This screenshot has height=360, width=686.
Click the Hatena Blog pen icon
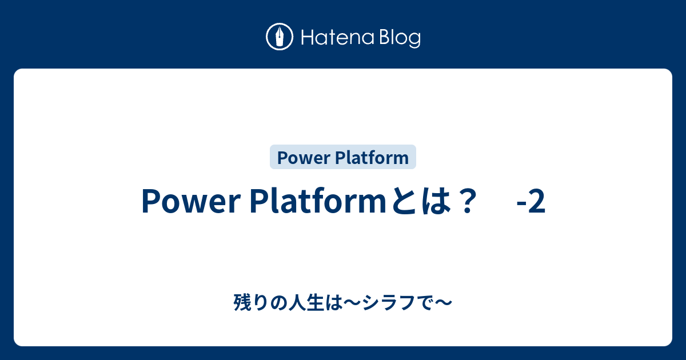[280, 37]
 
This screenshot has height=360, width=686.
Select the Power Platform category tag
[342, 157]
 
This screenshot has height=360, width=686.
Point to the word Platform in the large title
[318, 201]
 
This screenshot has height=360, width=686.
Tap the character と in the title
[404, 201]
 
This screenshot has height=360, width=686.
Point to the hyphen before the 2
[521, 203]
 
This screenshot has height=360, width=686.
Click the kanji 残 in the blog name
[242, 302]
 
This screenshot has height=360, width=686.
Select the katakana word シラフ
[389, 302]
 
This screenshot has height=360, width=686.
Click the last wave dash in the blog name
[443, 302]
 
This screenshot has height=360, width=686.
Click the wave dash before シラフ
[353, 302]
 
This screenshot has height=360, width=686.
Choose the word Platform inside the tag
[372, 157]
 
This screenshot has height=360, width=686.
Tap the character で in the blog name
[425, 302]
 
